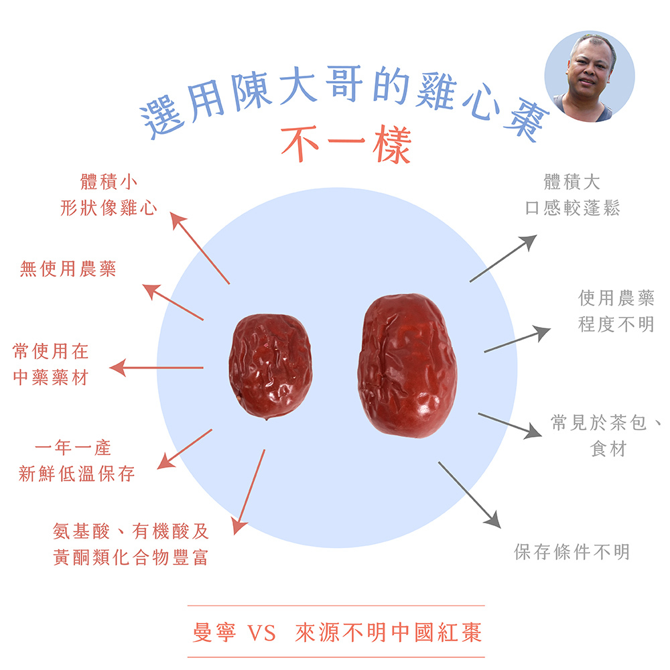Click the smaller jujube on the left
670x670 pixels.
click(x=270, y=366)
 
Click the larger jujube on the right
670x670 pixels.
click(x=407, y=366)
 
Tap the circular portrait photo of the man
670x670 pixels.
click(x=589, y=76)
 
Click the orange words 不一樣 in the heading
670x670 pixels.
click(x=346, y=145)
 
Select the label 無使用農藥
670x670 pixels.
click(x=68, y=269)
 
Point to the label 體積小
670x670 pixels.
click(x=109, y=182)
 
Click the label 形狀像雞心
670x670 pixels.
click(x=109, y=208)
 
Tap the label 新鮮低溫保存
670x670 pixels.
click(x=76, y=474)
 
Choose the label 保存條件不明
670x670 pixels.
click(x=572, y=551)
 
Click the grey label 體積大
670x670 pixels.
click(x=572, y=182)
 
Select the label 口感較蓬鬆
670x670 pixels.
click(x=572, y=208)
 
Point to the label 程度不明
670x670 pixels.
click(x=616, y=324)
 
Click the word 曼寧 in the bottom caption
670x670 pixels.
click(x=214, y=632)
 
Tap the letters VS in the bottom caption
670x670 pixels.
click(x=261, y=633)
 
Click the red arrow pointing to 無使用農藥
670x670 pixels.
click(x=173, y=302)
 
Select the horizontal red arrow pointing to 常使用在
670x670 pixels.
click(x=156, y=367)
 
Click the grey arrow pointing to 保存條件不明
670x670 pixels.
click(x=469, y=495)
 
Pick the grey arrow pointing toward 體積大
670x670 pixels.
click(x=503, y=258)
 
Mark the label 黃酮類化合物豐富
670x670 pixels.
click(x=131, y=557)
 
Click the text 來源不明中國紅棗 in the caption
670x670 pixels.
click(x=389, y=632)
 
